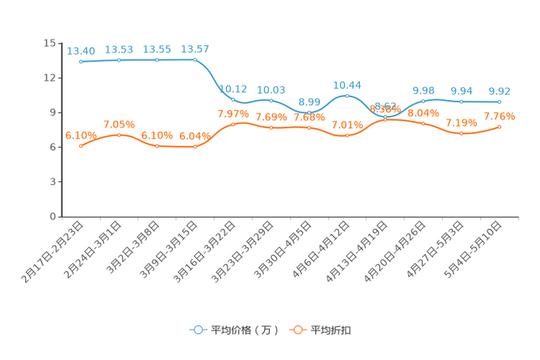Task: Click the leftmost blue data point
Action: [81, 62]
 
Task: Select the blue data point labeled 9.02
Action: [499, 102]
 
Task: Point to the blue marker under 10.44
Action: [347, 96]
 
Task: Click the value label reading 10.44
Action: [347, 84]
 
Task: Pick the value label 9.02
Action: [499, 91]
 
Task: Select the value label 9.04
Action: [461, 91]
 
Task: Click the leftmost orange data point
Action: [81, 147]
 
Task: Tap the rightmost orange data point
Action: [499, 127]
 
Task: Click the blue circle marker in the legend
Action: [197, 330]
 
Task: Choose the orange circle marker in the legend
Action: [297, 330]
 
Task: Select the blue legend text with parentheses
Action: [244, 330]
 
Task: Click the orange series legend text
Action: [332, 330]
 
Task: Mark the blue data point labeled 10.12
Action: [233, 100]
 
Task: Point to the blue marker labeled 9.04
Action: [461, 102]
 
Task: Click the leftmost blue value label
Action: [81, 50]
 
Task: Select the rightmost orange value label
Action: [499, 115]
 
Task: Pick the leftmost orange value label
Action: [81, 135]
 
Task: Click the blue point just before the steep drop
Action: [195, 60]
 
